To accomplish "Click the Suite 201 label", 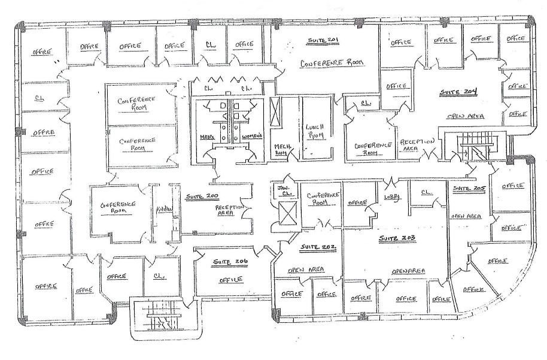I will pyautogui.click(x=324, y=40).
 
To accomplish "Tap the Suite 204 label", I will pyautogui.click(x=458, y=92).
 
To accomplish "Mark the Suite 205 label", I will pyautogui.click(x=467, y=189).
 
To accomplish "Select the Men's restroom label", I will pyautogui.click(x=208, y=137).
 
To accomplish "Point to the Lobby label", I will pyautogui.click(x=392, y=196).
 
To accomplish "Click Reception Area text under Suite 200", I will pyautogui.click(x=230, y=209).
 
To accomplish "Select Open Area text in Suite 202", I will pyautogui.click(x=305, y=270).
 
